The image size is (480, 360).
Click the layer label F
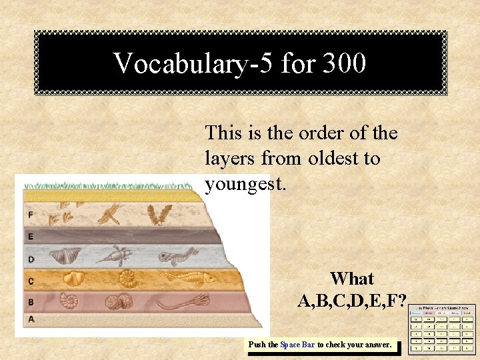(x=30, y=215)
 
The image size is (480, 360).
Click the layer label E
(x=30, y=236)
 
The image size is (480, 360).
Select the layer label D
(x=31, y=259)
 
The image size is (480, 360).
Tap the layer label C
(x=31, y=281)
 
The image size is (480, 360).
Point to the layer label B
(x=31, y=302)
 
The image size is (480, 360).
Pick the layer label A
(x=31, y=319)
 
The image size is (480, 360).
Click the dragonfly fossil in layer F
(x=109, y=214)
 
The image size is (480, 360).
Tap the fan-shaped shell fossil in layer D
(x=65, y=256)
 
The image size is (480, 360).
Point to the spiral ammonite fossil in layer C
(x=127, y=279)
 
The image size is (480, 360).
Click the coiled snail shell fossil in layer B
(x=70, y=301)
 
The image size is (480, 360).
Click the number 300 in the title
(x=344, y=63)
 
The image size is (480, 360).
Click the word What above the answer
(x=352, y=278)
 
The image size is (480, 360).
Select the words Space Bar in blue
(x=297, y=345)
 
